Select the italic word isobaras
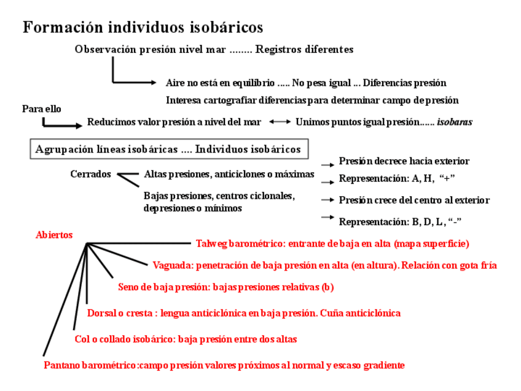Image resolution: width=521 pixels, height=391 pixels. click(x=455, y=122)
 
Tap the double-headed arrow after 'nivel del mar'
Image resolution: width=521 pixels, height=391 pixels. click(x=280, y=122)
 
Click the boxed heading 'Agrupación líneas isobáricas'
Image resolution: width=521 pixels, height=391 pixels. click(x=168, y=149)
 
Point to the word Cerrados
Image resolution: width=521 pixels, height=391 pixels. click(x=90, y=174)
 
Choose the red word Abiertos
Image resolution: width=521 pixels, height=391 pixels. click(x=54, y=235)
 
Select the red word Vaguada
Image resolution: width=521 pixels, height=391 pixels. click(x=173, y=266)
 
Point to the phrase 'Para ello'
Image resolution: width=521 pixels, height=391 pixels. click(x=42, y=109)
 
